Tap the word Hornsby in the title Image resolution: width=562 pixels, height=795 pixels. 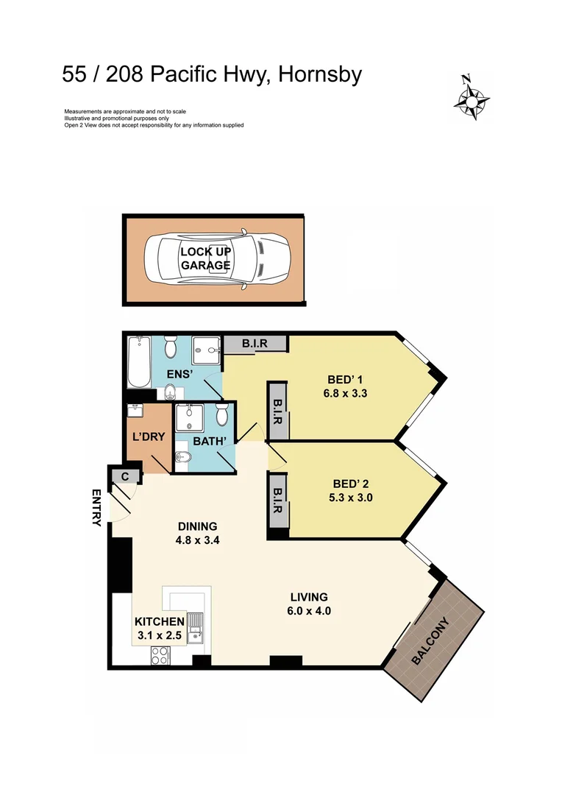tap(319, 74)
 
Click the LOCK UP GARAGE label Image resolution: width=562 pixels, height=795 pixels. tap(206, 258)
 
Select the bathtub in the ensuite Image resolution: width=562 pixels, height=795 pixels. tap(138, 362)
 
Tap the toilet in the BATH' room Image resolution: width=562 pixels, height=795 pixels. tap(222, 417)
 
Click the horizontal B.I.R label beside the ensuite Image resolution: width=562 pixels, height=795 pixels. tap(245, 343)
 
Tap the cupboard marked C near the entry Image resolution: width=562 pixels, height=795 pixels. tap(125, 476)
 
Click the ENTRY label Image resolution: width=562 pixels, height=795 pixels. tap(96, 508)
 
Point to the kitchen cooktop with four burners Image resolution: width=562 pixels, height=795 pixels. tap(160, 655)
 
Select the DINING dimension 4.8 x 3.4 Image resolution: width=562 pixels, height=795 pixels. tap(198, 540)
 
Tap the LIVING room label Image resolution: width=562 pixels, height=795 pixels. tap(308, 597)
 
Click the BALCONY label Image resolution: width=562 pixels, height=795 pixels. tap(430, 640)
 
